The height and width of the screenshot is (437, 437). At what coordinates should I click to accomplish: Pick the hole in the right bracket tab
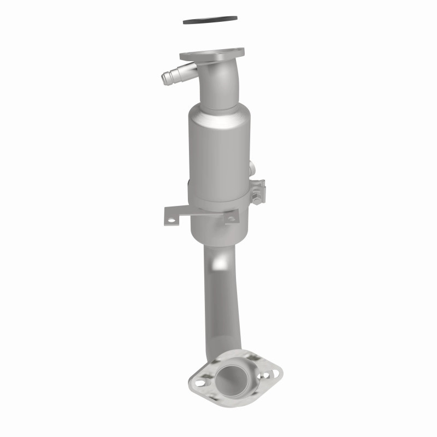coord(232,218)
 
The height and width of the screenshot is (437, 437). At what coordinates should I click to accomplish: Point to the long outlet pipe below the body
coord(223,306)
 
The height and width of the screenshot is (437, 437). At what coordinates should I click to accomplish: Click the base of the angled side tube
coord(189,69)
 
